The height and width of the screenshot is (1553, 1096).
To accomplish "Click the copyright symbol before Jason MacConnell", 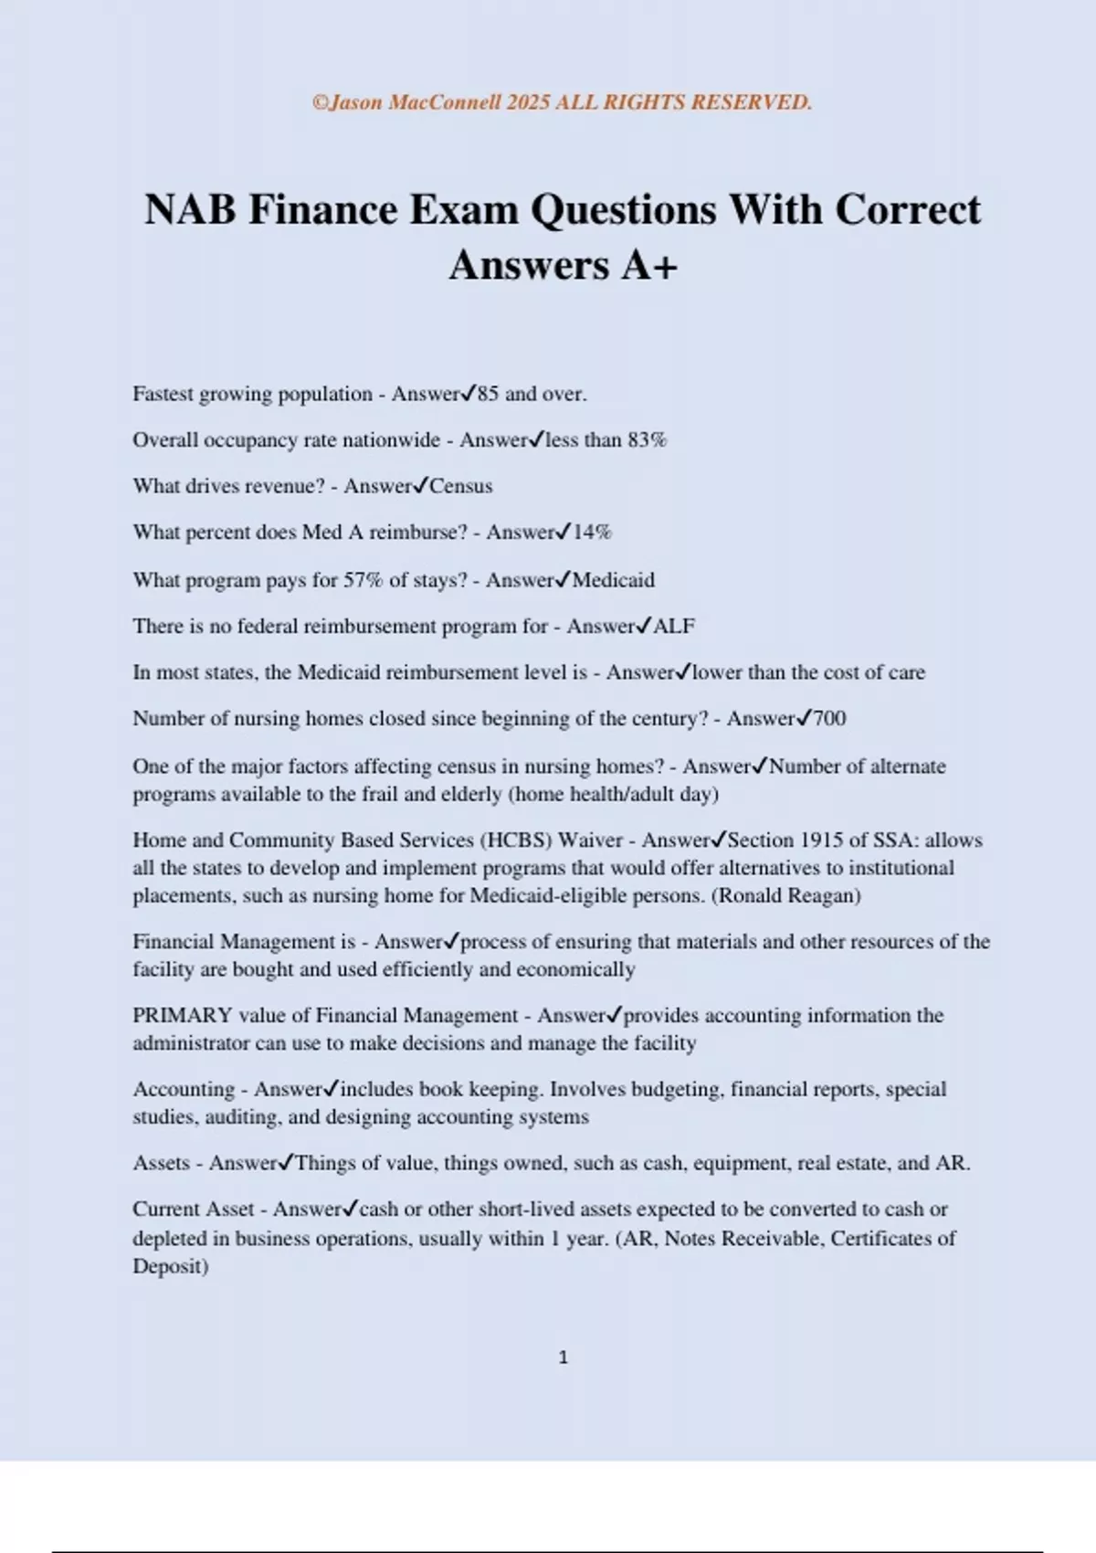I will (x=320, y=102).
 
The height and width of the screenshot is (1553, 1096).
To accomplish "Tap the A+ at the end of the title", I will (x=649, y=266).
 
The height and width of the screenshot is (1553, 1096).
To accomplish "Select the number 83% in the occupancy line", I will (x=647, y=440).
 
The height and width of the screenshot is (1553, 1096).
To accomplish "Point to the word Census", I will (x=461, y=486).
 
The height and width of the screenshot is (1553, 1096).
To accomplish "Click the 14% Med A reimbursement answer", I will (x=592, y=533).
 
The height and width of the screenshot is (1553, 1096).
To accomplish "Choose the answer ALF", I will (x=674, y=627).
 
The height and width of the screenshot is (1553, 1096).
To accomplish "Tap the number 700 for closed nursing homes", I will (x=829, y=719).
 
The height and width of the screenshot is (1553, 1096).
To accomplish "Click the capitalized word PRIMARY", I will (x=182, y=1016).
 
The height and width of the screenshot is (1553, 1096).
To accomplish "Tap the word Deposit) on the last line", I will (x=171, y=1267).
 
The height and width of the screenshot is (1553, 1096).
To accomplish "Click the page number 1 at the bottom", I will (x=563, y=1358).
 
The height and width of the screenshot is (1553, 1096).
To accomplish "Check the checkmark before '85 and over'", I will (x=468, y=394).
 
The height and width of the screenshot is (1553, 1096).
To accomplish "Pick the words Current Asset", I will (x=193, y=1210).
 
